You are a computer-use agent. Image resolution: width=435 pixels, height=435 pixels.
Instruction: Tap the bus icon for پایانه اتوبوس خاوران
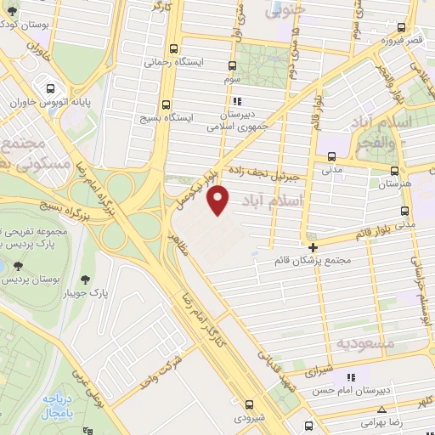tap(52, 88)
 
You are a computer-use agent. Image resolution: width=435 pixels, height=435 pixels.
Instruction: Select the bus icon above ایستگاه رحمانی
tap(174, 48)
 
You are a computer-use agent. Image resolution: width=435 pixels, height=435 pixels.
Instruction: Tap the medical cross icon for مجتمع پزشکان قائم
tap(314, 248)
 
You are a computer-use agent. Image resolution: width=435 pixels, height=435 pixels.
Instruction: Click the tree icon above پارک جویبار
tap(85, 279)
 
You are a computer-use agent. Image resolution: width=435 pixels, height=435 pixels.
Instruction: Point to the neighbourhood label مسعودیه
tap(363, 342)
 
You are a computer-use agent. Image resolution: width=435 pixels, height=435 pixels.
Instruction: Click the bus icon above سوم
tap(234, 65)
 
